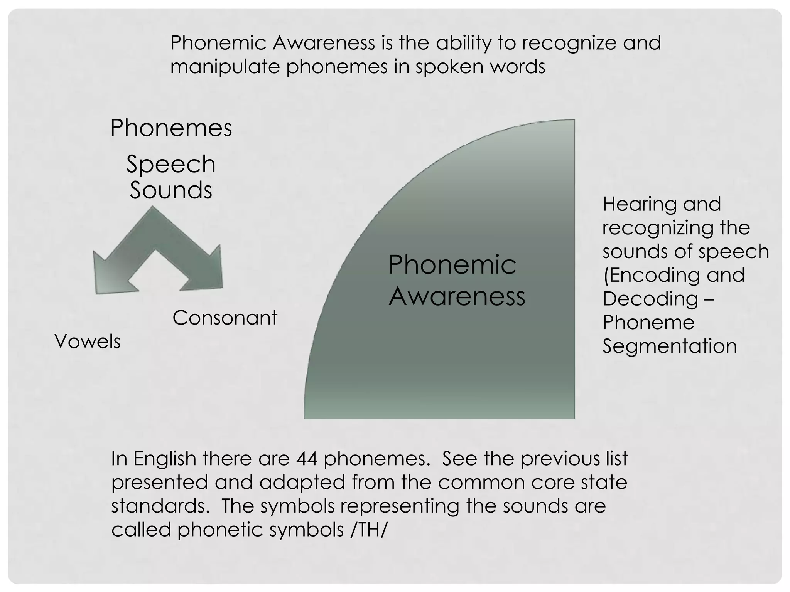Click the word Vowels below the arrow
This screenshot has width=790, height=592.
point(88,341)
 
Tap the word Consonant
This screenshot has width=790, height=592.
point(225,318)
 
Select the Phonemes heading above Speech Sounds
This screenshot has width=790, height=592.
point(171,128)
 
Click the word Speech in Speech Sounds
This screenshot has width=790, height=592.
point(171,165)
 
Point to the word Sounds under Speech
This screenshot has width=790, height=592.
point(171,190)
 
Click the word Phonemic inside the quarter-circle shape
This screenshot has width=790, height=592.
point(452,265)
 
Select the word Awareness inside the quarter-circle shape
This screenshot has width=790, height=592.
point(457,297)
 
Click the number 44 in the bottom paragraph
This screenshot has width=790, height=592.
point(307,459)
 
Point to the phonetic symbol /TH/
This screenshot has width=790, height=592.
point(368,530)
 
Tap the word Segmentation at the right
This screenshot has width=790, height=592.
point(670,346)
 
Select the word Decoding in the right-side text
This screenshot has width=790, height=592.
point(650,299)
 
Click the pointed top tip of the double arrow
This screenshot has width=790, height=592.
point(153,207)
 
